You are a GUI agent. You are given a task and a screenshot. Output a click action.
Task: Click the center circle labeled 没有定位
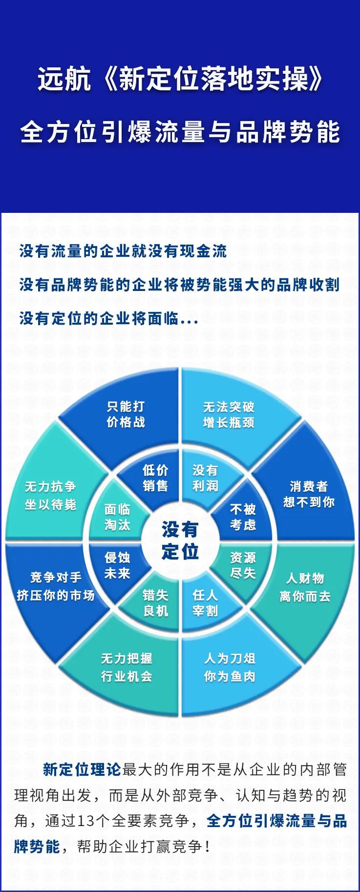point(180,540)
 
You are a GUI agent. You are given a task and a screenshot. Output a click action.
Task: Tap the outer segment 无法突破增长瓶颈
point(230,415)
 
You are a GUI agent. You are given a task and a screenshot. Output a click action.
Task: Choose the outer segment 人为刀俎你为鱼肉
point(230,668)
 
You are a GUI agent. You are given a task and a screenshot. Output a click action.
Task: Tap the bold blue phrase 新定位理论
point(82,770)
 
